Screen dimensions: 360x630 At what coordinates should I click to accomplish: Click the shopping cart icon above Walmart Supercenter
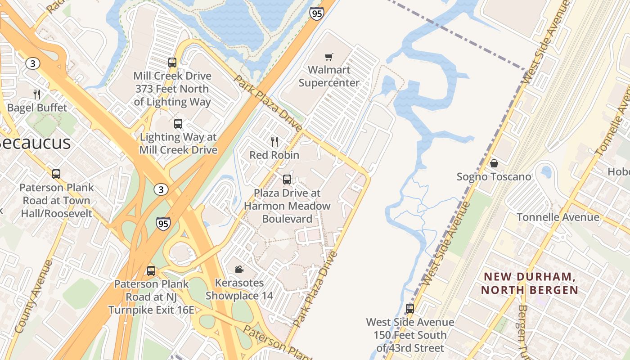[329, 57]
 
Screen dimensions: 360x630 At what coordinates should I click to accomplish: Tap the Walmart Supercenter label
[329, 76]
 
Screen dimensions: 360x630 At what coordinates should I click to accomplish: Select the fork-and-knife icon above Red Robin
[274, 142]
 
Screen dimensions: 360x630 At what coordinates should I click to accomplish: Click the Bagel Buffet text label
[37, 108]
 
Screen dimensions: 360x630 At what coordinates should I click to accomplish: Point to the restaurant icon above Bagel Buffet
[37, 94]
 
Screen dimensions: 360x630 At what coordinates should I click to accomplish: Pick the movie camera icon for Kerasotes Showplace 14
[239, 269]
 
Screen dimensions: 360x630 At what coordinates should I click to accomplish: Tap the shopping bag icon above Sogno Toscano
[494, 163]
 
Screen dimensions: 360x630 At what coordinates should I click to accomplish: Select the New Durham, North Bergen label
[529, 283]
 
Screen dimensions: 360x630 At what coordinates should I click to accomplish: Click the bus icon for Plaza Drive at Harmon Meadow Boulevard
[287, 180]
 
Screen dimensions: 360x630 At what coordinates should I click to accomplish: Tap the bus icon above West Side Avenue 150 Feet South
[410, 309]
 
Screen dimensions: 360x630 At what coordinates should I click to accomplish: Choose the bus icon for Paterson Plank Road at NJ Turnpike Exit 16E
[151, 271]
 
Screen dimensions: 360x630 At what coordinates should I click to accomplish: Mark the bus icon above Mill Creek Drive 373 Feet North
[172, 63]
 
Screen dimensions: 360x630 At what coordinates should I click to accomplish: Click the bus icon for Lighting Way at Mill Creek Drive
[178, 124]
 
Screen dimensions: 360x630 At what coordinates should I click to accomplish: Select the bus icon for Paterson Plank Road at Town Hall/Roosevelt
[56, 174]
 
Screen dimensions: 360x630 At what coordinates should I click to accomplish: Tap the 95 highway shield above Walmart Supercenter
[316, 14]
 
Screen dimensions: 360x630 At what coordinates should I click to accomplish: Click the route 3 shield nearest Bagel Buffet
[32, 63]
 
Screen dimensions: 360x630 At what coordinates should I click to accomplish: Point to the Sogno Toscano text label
[494, 177]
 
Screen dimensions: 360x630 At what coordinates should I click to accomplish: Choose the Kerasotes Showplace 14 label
[239, 289]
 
